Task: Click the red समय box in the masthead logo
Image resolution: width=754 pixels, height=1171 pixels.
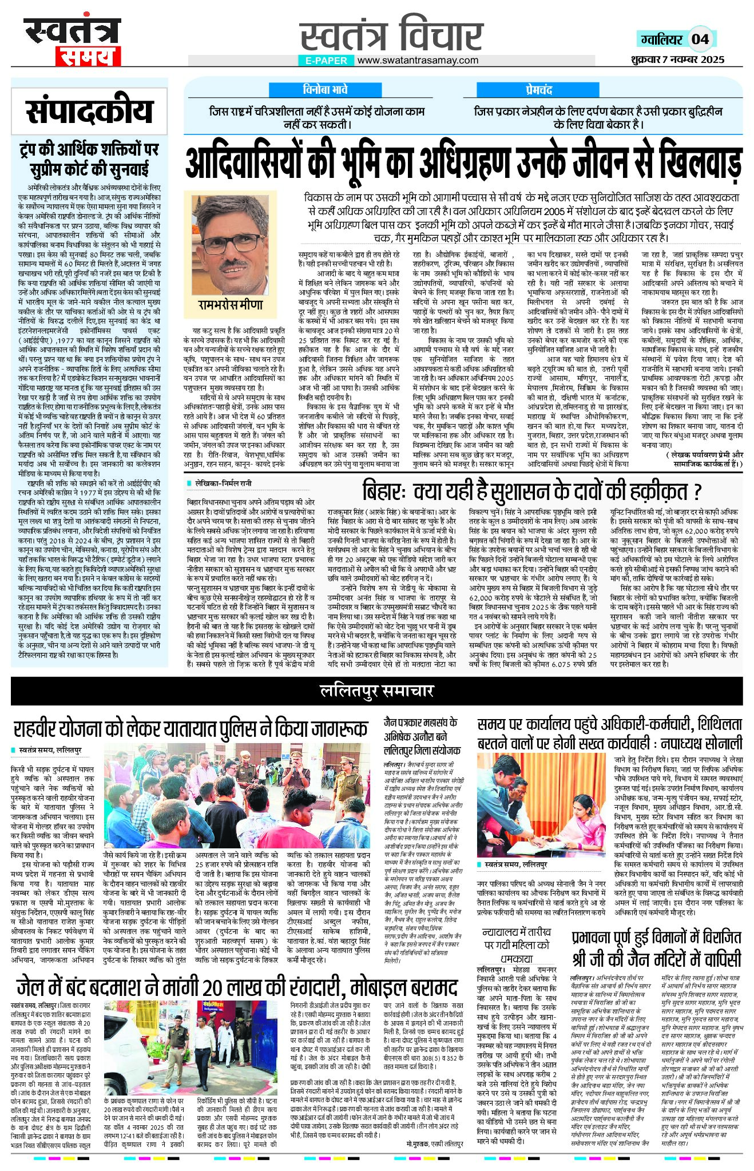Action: tap(88, 56)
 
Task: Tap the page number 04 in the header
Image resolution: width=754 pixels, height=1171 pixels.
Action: tap(700, 39)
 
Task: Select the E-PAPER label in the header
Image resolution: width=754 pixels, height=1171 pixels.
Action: tap(326, 60)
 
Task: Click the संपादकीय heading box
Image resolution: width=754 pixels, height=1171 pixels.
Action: tap(90, 112)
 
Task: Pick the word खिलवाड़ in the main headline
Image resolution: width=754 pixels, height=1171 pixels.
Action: tap(700, 164)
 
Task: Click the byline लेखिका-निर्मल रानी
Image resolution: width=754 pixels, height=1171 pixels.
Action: tap(223, 483)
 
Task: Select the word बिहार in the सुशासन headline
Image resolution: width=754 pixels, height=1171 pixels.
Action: tap(383, 491)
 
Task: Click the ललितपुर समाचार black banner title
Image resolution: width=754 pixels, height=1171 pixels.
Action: tap(376, 691)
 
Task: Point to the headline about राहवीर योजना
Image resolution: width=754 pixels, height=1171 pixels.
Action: tap(191, 729)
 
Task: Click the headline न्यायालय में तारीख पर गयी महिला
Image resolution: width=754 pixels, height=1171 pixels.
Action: tap(517, 947)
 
